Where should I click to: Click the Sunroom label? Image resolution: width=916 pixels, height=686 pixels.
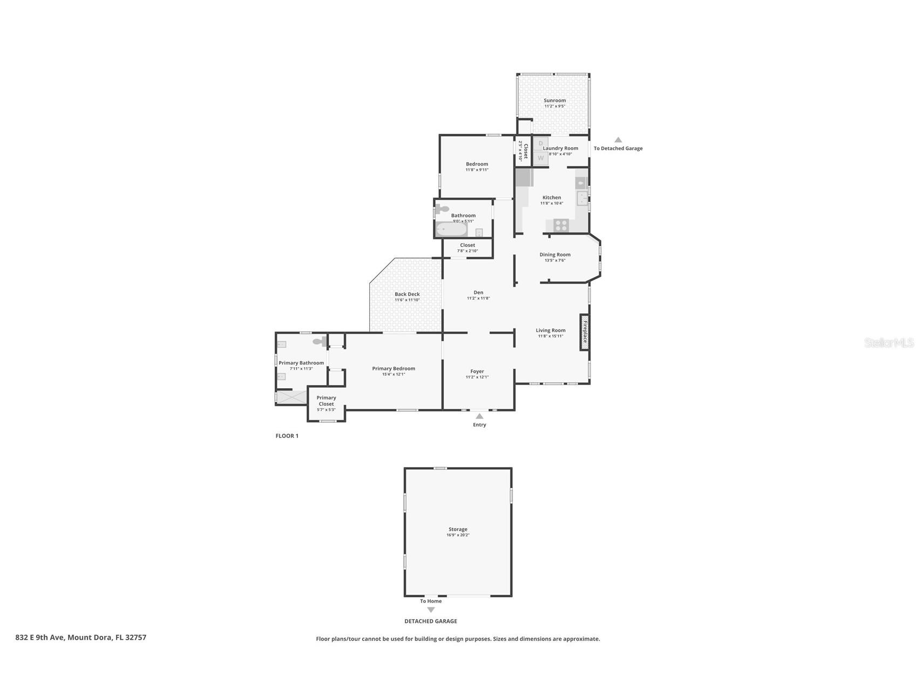click(554, 100)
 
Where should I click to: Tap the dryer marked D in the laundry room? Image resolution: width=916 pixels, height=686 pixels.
click(540, 143)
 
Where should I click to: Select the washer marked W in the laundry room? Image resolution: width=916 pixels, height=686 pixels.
click(540, 158)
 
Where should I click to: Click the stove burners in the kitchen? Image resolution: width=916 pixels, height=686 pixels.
click(561, 225)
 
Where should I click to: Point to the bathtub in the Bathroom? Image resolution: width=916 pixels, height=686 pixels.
click(451, 230)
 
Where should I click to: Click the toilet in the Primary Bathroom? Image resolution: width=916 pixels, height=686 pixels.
click(319, 341)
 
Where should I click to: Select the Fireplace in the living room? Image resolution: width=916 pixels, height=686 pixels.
click(585, 332)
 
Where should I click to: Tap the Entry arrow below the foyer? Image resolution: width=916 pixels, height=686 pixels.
click(479, 416)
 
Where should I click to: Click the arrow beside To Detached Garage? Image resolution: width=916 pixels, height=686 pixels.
click(618, 140)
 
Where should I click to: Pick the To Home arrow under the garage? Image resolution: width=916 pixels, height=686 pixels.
click(431, 610)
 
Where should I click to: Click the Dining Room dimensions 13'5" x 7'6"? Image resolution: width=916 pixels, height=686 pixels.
click(554, 260)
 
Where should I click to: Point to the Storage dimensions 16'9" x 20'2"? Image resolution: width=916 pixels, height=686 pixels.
click(458, 535)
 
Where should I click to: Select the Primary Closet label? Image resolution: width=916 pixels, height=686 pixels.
click(326, 401)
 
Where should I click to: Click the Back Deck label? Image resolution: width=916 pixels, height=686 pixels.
click(407, 294)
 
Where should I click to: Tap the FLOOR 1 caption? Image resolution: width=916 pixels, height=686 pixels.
click(287, 436)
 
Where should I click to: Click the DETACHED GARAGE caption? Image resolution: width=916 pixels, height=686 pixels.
click(431, 621)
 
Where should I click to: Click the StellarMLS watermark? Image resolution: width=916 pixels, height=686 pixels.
click(888, 342)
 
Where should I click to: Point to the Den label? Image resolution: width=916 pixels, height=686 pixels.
click(478, 292)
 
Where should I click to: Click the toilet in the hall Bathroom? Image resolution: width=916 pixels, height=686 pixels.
click(443, 209)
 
